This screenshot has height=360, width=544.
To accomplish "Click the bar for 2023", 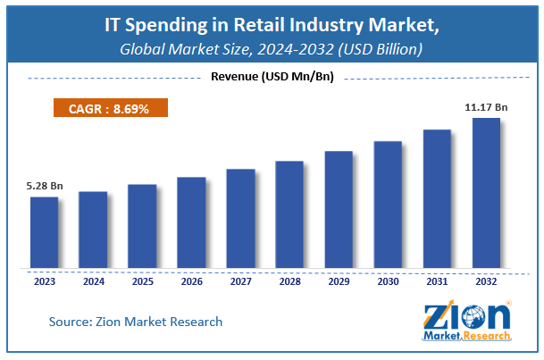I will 44,231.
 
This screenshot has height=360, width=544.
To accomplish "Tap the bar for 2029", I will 339,209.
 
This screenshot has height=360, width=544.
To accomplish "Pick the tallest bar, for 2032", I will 486,192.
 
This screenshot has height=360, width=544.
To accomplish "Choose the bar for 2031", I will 437,198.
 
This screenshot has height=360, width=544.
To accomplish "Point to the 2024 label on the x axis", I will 93,280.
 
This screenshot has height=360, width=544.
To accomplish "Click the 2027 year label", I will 240,280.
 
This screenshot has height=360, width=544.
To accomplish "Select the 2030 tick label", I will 388,280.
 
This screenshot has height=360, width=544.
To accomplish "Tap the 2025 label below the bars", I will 142,280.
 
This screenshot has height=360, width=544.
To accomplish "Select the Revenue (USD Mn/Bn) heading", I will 272,77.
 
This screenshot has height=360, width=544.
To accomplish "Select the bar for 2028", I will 289,214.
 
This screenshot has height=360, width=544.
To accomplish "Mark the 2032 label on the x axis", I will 486,280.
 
